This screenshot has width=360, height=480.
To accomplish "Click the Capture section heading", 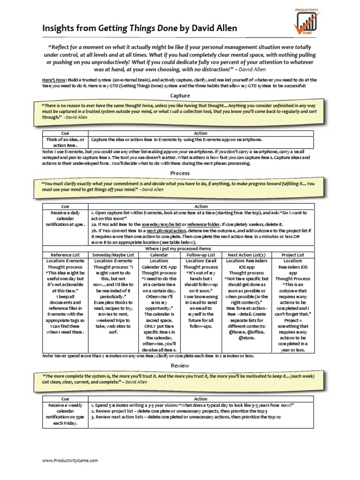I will click(180, 96).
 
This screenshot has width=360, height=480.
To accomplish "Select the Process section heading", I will click(180, 173).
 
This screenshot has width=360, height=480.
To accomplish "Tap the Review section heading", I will click(180, 365).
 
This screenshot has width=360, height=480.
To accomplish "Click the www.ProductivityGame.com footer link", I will click(70, 461).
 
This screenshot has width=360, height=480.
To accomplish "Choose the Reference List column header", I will click(65, 255).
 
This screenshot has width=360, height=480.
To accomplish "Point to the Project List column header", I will click(293, 255).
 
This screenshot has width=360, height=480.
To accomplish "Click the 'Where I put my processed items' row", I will click(180, 248).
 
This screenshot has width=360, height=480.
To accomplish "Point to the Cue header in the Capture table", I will click(65, 134).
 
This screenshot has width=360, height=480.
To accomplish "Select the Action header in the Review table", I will click(201, 399).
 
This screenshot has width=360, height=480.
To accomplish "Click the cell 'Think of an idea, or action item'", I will click(65, 142).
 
